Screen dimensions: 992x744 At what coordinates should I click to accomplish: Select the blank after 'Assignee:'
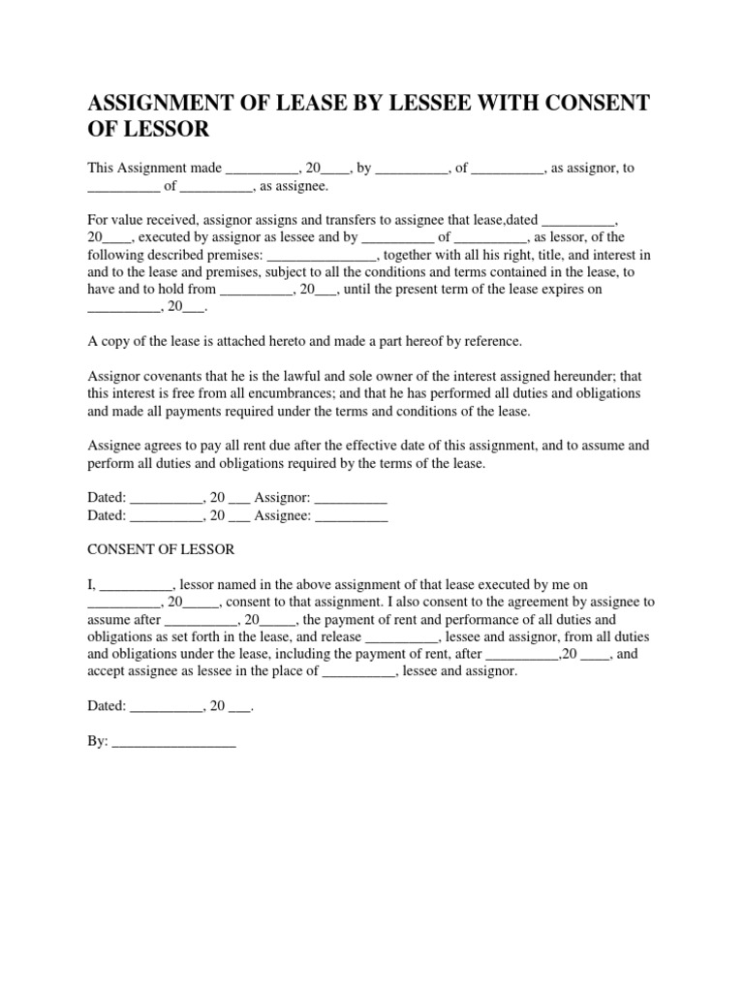coord(352,516)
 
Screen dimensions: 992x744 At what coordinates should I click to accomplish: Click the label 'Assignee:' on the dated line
coord(282,516)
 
